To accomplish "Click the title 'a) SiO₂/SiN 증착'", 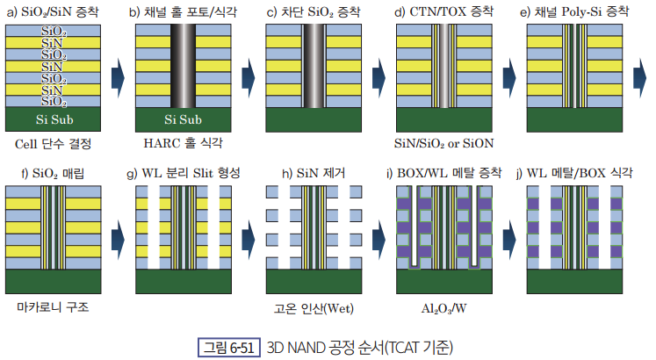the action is click(53, 11).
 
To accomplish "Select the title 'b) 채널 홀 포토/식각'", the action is click(183, 11).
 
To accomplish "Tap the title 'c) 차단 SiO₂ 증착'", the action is click(314, 11).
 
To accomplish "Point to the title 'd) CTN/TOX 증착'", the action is click(443, 11).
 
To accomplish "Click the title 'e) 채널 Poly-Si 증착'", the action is click(574, 11).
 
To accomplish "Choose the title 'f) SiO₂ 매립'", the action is click(53, 173).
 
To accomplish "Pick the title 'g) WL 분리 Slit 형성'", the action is click(184, 173).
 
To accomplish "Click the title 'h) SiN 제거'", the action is click(314, 173).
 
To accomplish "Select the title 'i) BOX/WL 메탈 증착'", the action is click(443, 172).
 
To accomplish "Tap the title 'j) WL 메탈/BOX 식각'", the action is click(574, 172).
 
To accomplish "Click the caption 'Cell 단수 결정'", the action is click(54, 144).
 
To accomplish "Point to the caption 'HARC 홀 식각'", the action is click(184, 143).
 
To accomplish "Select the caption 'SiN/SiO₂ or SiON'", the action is click(443, 143).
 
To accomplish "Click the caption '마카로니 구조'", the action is click(53, 307).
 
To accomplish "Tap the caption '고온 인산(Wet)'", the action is click(314, 308).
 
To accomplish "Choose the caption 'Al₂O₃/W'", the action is click(443, 308).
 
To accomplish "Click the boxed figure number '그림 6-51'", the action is click(229, 348).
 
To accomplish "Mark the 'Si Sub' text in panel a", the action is click(54, 119).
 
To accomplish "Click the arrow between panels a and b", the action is click(118, 78).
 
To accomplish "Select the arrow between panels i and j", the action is click(509, 240).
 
